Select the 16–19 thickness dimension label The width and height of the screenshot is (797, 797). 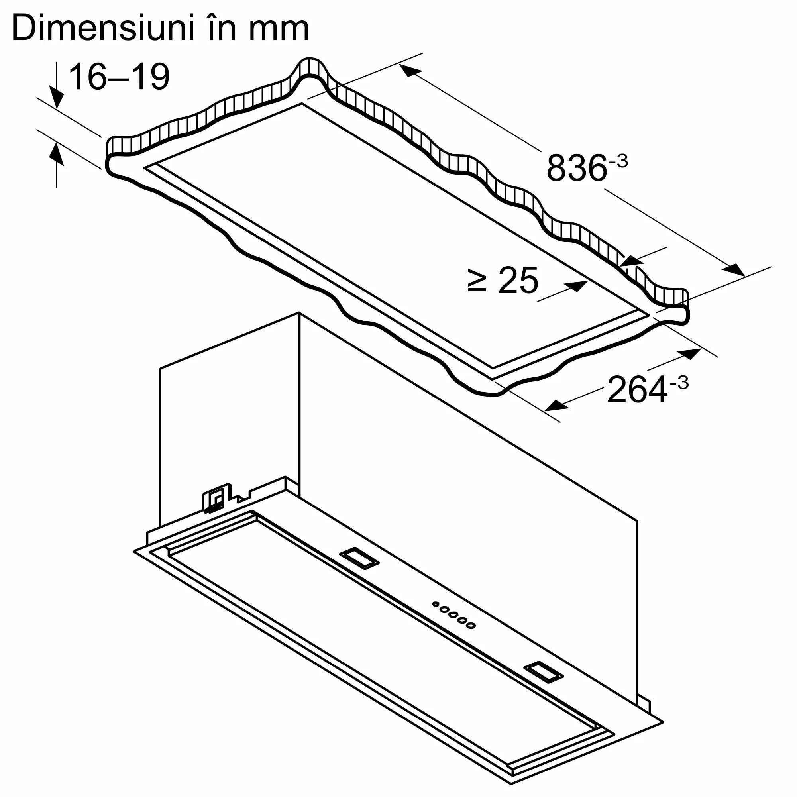pos(119,77)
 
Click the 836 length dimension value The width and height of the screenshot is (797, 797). pos(577,168)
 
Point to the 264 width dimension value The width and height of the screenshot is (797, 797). pos(637,390)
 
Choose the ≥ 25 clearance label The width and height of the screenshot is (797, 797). pos(503,281)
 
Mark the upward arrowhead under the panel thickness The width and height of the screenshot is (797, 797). pos(56,155)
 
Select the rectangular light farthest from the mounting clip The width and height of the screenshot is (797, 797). pos(543,682)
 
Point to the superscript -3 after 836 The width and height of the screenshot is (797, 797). pos(618,161)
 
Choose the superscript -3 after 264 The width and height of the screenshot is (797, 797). pos(679,383)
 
